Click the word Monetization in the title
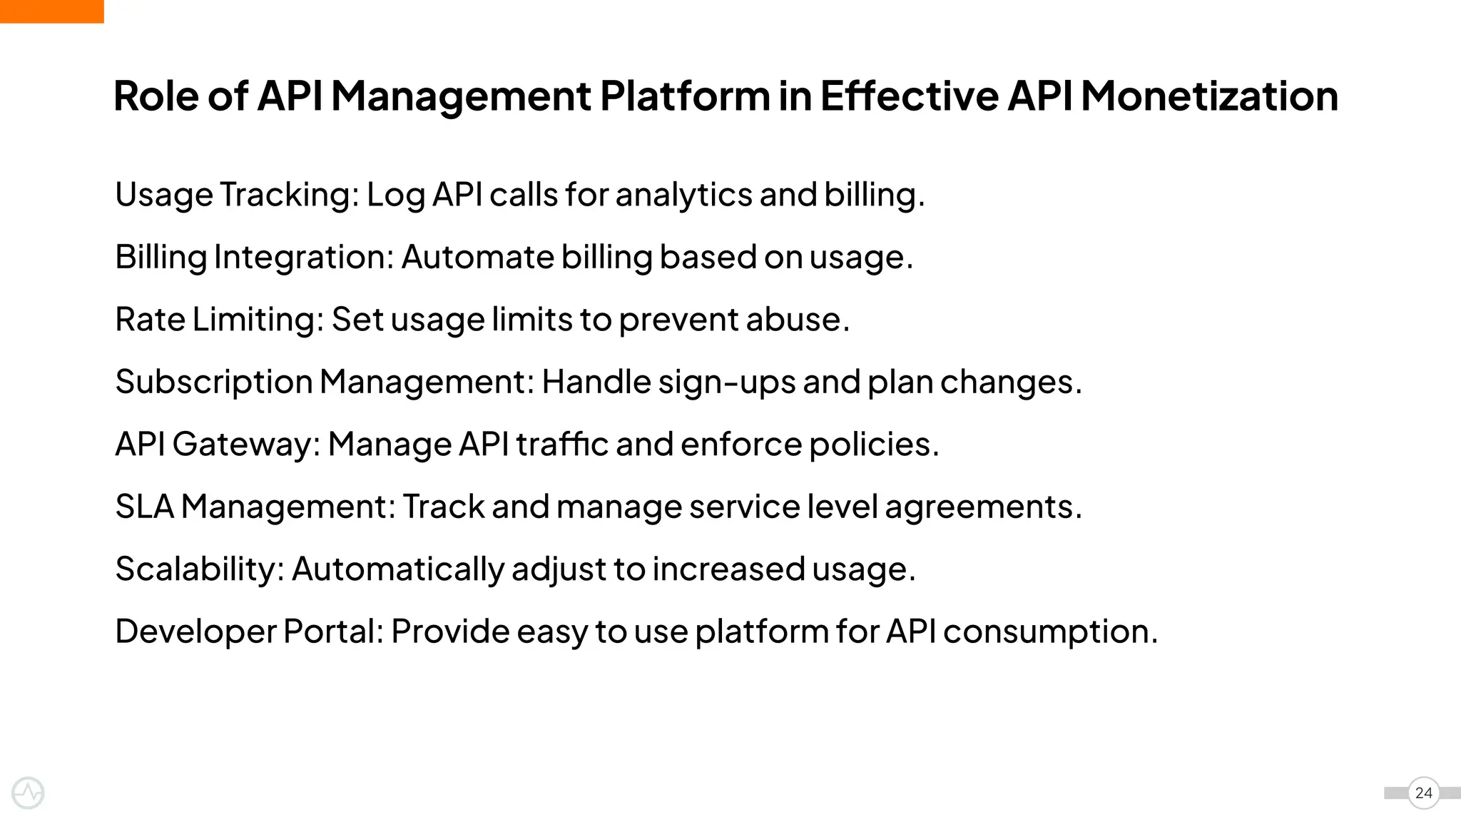1209,96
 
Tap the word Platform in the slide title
684,96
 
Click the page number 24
1423,793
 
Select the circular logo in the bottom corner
29,793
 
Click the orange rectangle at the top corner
51,11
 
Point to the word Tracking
289,195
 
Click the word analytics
683,195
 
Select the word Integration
303,257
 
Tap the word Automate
477,257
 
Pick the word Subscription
214,382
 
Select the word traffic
562,444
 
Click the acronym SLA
144,507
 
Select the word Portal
333,631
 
